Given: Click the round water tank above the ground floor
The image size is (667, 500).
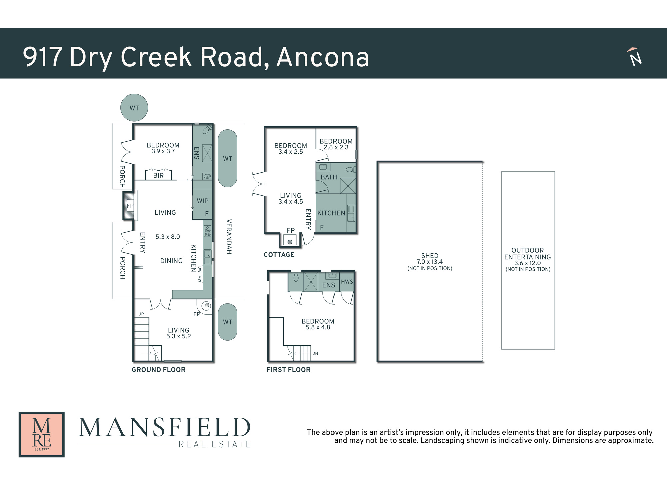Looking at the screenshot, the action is pos(134,107).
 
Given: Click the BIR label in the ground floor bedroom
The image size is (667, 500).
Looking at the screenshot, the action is pos(158,175).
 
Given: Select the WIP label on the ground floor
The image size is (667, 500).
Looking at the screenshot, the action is pos(203,201).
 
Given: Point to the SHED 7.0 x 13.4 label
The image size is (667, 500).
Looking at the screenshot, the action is pos(430,259).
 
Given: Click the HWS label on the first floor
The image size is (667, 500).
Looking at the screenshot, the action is pos(347,282).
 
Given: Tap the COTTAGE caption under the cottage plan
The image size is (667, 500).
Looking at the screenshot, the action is pos(279,255).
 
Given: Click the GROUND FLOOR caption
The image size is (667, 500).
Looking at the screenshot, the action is pos(159,370).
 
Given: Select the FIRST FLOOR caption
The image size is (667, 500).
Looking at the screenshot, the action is pos(289,370).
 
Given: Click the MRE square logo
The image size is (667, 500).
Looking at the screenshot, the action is pos(42,434).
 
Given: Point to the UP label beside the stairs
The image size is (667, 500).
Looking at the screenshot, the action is pos(141,314).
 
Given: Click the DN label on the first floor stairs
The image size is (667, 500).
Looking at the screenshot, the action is pos(315,353).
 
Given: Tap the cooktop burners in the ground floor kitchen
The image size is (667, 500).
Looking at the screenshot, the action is pos(207,231).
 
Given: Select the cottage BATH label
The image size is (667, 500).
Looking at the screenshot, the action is pos(329,177).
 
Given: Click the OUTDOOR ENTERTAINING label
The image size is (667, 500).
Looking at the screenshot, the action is pos(528,254).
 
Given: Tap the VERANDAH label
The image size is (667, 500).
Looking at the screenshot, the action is pos(229,237).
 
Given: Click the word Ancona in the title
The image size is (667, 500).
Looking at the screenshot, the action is pos(323,57).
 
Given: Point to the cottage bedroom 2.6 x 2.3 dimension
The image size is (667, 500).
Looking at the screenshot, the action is pos(336,147).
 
